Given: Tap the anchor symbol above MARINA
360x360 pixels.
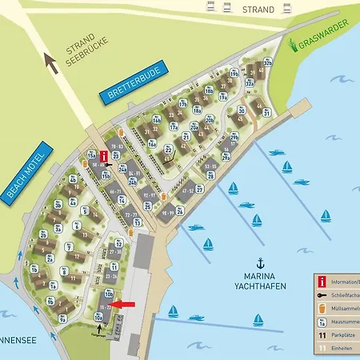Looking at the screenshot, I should click(x=259, y=262).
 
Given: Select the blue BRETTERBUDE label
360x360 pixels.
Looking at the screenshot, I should click(x=130, y=85).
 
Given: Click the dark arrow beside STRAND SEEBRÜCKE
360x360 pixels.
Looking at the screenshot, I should click(x=52, y=62).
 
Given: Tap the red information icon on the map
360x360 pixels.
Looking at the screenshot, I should click(x=100, y=156).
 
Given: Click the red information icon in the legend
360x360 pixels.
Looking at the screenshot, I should click(x=322, y=282).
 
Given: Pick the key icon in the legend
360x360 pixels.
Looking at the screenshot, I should click(x=322, y=294).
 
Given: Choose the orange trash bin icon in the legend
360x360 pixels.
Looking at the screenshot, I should click(x=322, y=309).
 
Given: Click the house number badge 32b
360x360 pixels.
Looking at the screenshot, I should click(x=269, y=62).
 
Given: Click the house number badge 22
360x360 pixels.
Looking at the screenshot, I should click(x=169, y=150).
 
